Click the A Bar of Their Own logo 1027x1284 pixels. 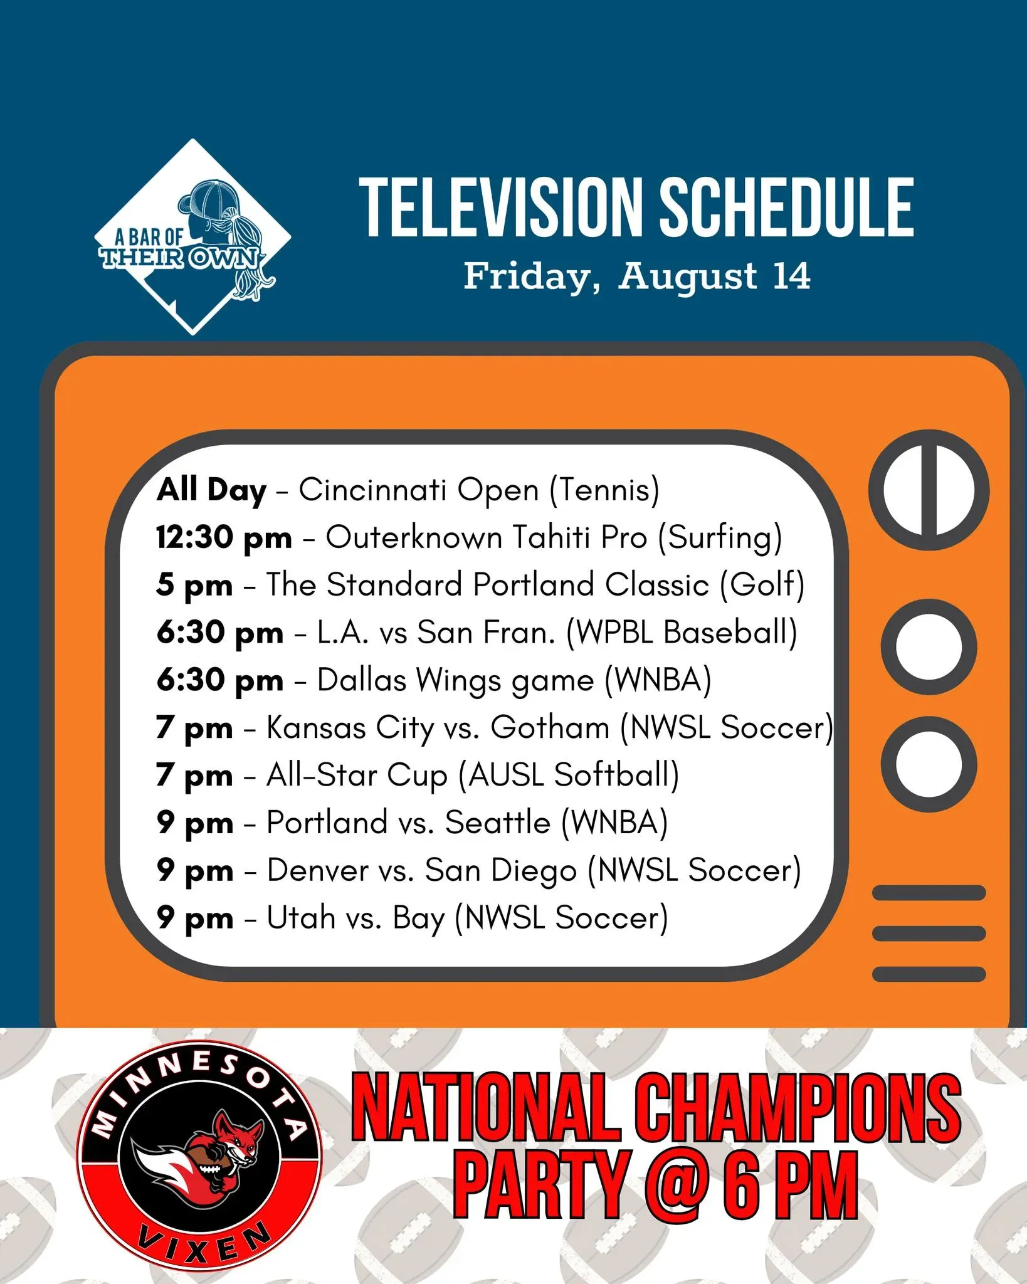[192, 237]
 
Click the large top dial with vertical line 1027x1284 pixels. [929, 490]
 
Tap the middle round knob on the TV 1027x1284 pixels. [929, 646]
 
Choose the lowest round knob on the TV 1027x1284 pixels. [929, 764]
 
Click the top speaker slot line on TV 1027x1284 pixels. [929, 892]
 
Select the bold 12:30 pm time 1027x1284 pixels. [224, 538]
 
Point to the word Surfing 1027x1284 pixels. [720, 538]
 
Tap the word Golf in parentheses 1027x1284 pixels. [762, 584]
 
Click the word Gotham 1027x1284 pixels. [550, 727]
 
